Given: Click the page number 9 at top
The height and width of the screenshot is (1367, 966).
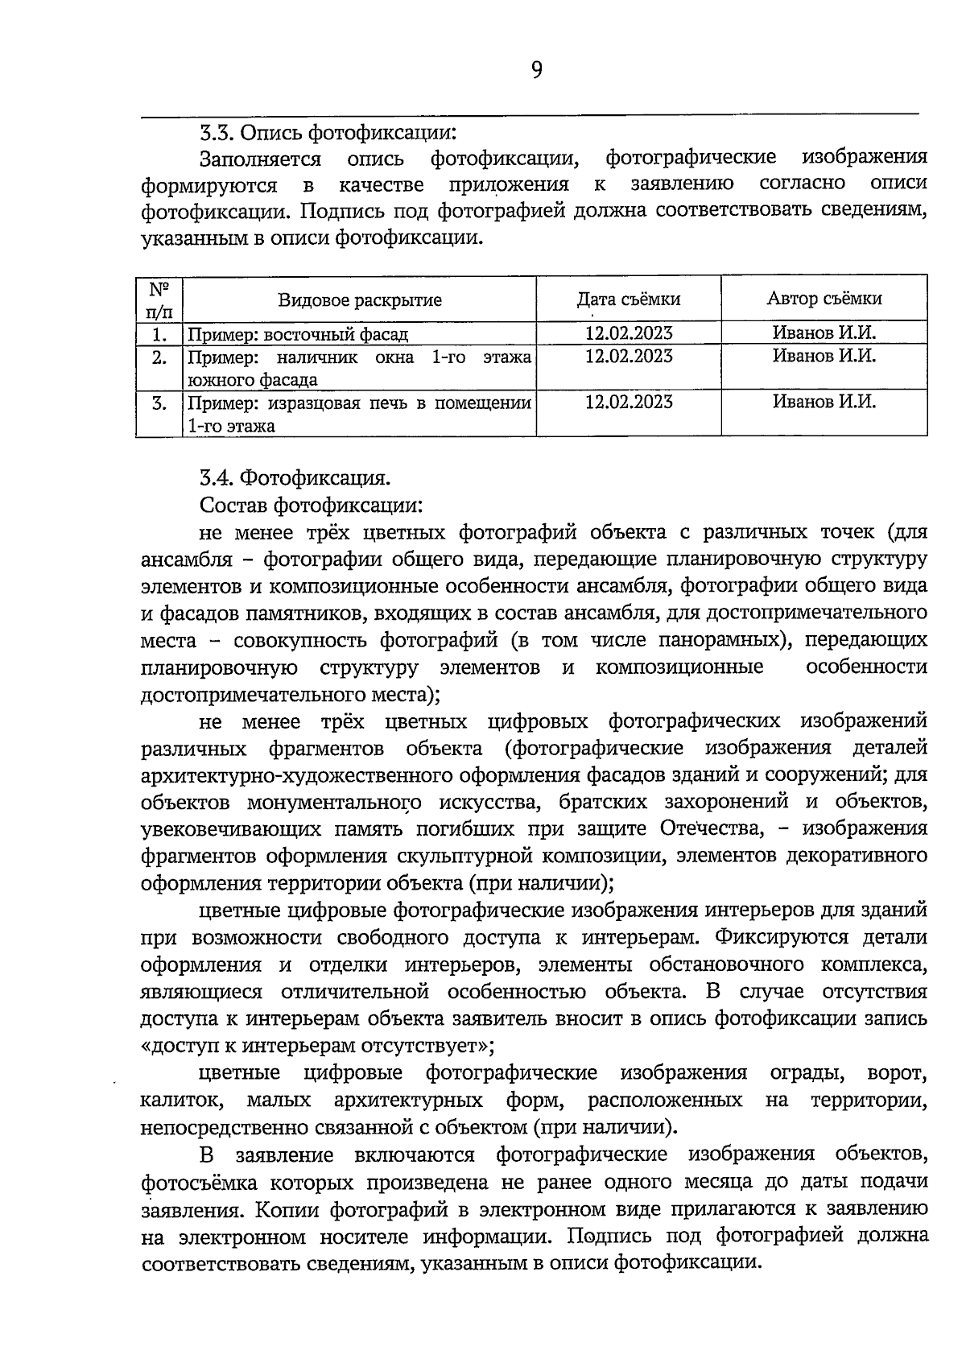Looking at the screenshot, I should tap(537, 72).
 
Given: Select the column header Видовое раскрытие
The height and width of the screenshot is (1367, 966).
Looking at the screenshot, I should tap(360, 300).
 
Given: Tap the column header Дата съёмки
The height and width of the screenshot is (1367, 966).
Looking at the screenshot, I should tap(628, 299).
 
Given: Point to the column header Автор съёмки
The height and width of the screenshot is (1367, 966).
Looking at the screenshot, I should tap(824, 298).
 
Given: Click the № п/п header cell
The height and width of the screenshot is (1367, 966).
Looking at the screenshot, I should tap(159, 299).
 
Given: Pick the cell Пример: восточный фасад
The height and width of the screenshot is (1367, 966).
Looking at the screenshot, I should tap(298, 334).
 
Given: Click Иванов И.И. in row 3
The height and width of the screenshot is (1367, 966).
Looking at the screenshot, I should tap(824, 402).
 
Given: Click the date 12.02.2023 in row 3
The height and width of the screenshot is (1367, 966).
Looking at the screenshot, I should tap(628, 402).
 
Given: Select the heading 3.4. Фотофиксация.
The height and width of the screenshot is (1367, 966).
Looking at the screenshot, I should tap(295, 478).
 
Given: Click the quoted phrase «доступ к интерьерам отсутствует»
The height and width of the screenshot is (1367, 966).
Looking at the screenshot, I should tap(316, 1046).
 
